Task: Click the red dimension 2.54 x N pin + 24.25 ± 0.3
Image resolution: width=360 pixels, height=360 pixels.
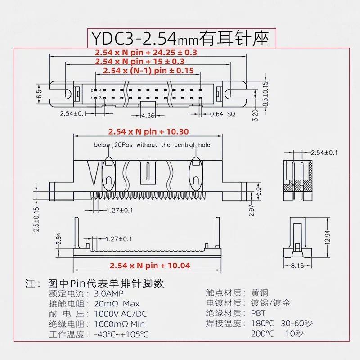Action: coord(146,52)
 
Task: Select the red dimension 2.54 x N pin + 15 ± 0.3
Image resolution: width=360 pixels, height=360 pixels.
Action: coord(140,61)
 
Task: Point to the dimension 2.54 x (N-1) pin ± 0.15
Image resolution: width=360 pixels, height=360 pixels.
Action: coord(148,71)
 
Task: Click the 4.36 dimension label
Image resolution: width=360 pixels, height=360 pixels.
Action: coord(148,116)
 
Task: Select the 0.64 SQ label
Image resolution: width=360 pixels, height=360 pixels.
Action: coord(223,114)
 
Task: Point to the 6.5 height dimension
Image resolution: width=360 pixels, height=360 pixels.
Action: coord(39,94)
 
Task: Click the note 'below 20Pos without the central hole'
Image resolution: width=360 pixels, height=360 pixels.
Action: coord(152,145)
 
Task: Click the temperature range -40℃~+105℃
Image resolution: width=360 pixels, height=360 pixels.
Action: coord(121,334)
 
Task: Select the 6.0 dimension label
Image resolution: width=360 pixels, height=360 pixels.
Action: coord(258,193)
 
